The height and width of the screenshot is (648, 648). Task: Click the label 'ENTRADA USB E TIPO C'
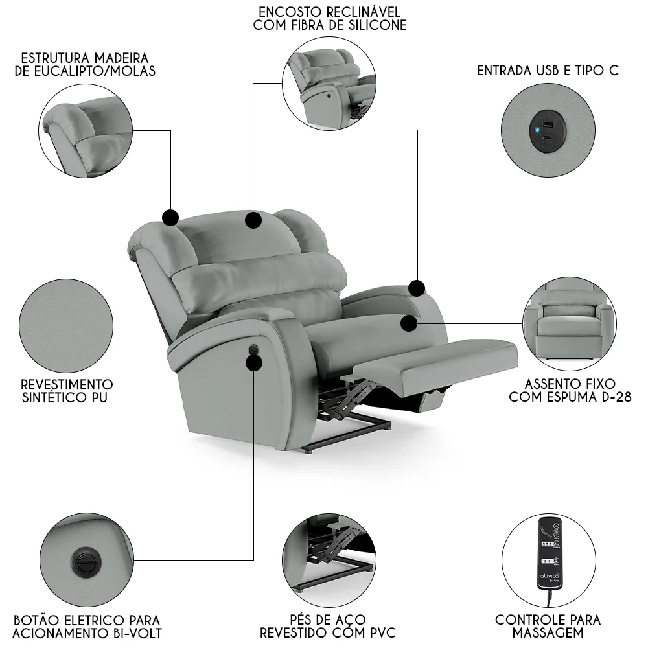coord(548,71)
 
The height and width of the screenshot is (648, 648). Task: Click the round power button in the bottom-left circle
coord(86,559)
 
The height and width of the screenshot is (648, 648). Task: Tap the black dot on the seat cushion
coord(409,322)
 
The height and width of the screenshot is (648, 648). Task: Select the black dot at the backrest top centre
coord(253,220)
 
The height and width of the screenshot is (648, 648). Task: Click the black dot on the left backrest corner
coord(170,216)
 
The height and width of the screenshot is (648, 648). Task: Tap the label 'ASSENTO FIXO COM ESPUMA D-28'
coord(570,391)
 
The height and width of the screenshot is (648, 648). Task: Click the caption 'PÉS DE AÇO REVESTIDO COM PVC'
coord(328,626)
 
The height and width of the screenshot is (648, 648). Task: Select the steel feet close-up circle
coord(329,559)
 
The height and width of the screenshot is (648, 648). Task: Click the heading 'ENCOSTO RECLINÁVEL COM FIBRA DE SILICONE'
coord(330,19)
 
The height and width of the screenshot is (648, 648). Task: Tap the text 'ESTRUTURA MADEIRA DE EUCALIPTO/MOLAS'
coord(85,65)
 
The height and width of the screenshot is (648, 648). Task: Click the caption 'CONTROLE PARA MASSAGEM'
coord(548,626)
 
